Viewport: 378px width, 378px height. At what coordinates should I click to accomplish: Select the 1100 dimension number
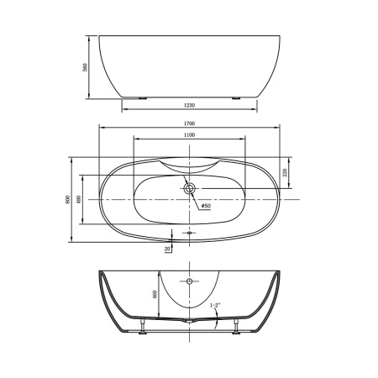[x=189, y=135]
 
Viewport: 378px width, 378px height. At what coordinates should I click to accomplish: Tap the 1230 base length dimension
[x=189, y=103]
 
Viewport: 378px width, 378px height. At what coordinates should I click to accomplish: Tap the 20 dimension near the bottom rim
[x=168, y=249]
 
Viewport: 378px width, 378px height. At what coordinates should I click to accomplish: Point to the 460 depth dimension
[x=156, y=297]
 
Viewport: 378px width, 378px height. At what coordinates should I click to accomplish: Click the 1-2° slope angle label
[x=217, y=307]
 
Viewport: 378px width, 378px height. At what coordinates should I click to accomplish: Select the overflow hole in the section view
[x=190, y=281]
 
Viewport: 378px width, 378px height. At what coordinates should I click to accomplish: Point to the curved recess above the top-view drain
[x=190, y=165]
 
